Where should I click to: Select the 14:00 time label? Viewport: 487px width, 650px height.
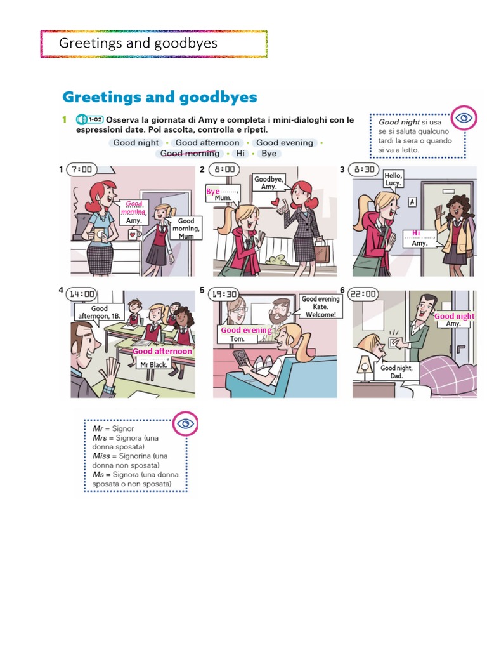pos(82,294)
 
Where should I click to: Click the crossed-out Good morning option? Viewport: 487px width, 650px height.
pos(190,154)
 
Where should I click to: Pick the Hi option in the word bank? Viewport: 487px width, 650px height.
pos(240,154)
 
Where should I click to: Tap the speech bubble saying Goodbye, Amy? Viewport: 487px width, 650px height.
pos(268,183)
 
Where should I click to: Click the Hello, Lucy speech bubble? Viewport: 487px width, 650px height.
pos(393,179)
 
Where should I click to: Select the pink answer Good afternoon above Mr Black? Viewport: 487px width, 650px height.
pos(162,351)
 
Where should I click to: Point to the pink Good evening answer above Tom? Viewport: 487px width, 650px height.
pos(246,330)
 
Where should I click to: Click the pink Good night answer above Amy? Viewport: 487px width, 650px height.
pos(454,316)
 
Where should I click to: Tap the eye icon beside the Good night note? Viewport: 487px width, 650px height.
pos(465,118)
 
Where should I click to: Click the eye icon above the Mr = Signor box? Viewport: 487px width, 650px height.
pos(185,423)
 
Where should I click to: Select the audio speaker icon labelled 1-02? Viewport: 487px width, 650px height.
pos(81,119)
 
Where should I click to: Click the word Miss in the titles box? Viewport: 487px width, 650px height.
pos(101,456)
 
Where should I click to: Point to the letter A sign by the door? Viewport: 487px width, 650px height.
pos(412,202)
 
